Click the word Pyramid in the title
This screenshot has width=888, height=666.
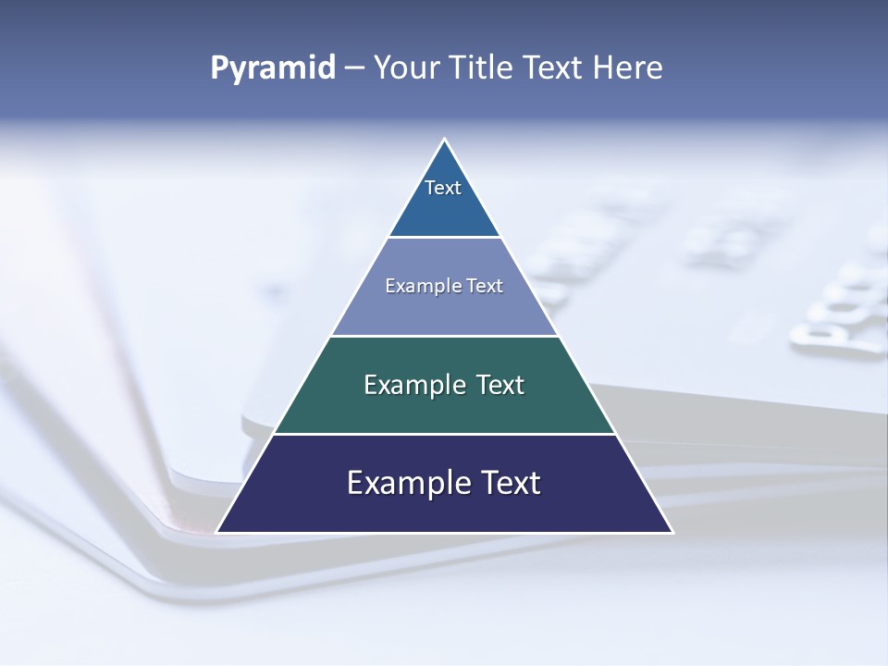pos(272,68)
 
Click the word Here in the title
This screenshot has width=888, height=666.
pos(628,68)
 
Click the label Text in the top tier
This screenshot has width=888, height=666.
pos(443,188)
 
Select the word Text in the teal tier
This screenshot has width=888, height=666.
pos(500,385)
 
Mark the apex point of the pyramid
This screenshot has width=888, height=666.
pos(445,139)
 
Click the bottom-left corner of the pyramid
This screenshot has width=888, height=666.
pos(216,533)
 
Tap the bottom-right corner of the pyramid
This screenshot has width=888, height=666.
pos(672,533)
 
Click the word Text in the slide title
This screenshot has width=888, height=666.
pos(554,68)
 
